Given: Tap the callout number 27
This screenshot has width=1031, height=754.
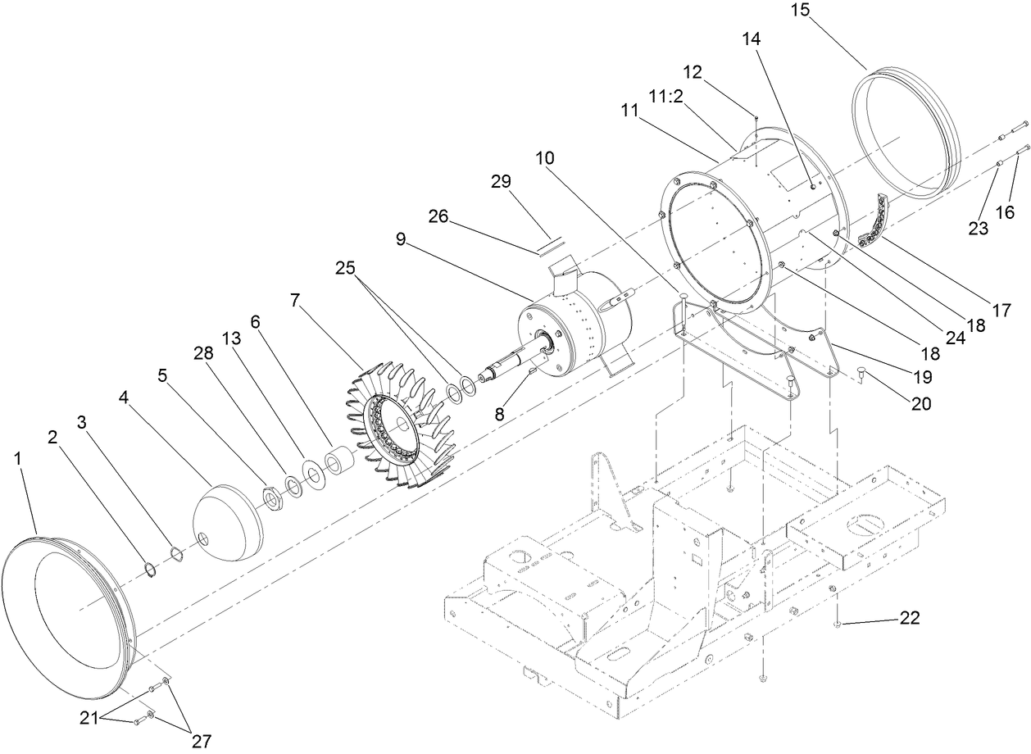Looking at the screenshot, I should coord(201,741).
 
